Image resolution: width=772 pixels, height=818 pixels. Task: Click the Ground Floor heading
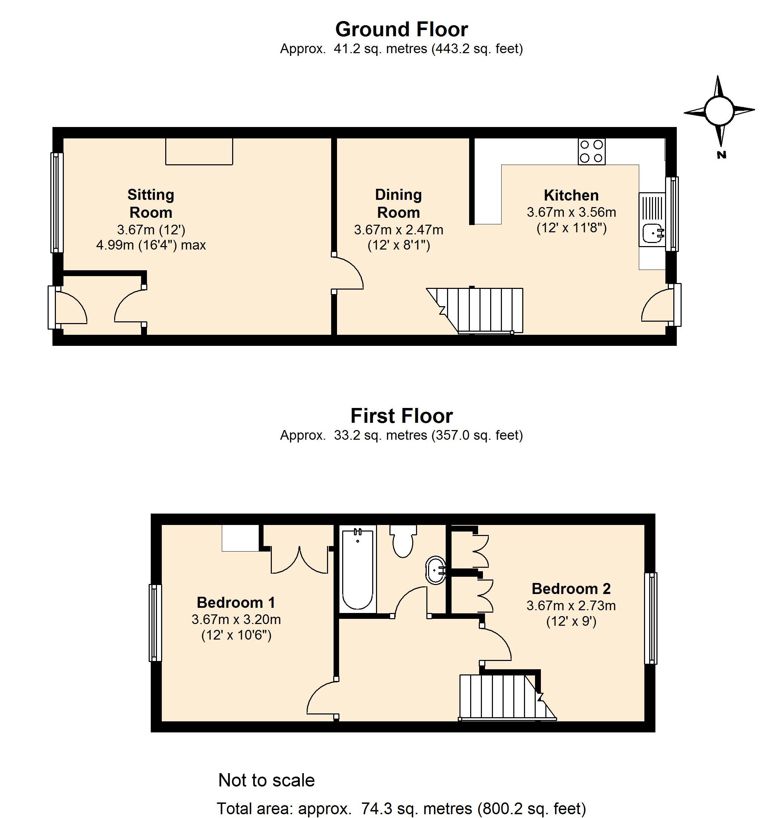[x=402, y=29]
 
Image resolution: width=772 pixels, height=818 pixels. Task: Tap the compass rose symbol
[x=719, y=111]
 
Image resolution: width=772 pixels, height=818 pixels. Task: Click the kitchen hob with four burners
[x=592, y=151]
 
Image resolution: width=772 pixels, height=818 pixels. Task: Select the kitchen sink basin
[x=652, y=233]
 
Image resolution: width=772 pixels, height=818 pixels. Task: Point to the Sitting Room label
[x=151, y=203]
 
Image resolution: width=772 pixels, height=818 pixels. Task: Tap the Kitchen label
[x=571, y=195]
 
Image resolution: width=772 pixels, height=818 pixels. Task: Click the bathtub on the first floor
[x=358, y=570]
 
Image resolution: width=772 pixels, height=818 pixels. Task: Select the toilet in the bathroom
[x=403, y=541]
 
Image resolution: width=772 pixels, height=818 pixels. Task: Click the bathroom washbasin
[x=435, y=570]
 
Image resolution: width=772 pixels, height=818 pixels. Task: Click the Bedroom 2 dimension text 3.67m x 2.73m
[x=571, y=606]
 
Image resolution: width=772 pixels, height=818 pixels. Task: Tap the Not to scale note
[x=266, y=780]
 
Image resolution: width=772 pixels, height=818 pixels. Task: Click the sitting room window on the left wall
[x=57, y=203]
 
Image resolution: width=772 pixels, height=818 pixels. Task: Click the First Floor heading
[x=402, y=416]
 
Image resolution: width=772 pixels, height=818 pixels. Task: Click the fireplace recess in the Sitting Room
[x=199, y=152]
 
